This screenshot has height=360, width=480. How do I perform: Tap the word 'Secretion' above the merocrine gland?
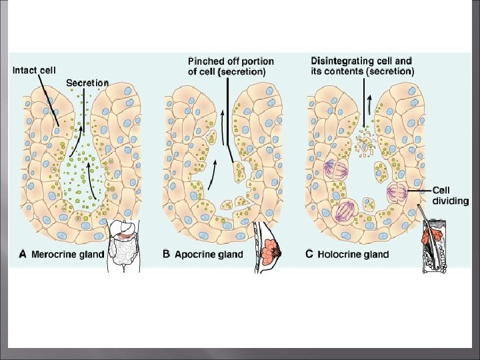tap(87, 83)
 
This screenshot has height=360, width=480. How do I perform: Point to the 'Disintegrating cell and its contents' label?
tap(361, 65)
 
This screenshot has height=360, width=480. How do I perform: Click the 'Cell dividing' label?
tap(450, 195)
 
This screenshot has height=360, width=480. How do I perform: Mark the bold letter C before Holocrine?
tap(310, 254)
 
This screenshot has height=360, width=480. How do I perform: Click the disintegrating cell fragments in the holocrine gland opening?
tap(364, 141)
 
